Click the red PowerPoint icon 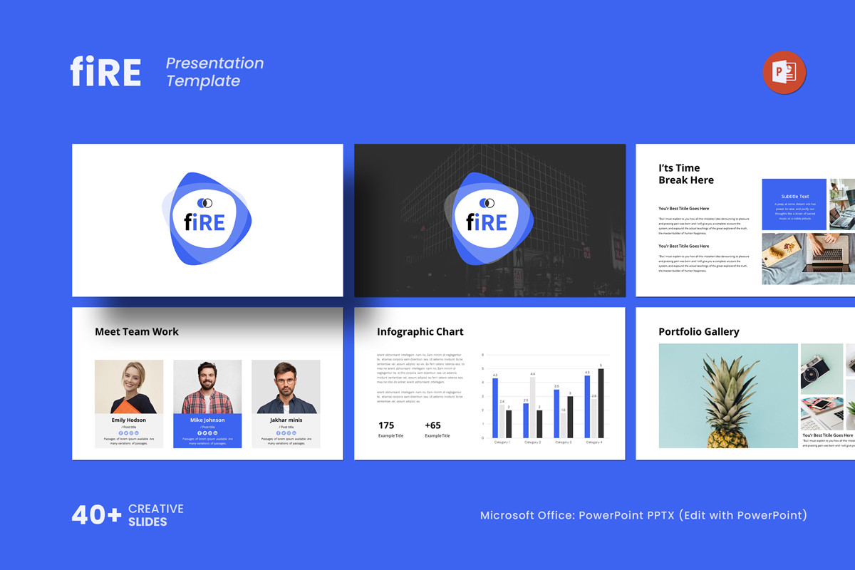[x=784, y=72]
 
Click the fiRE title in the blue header [x=105, y=72]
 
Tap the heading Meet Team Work [x=137, y=332]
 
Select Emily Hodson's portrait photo [x=129, y=386]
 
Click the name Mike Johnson [x=207, y=420]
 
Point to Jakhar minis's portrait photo [x=286, y=386]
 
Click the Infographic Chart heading [x=420, y=332]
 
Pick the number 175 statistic [x=386, y=425]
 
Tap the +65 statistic [x=432, y=425]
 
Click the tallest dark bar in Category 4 [x=601, y=403]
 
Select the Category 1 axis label [x=502, y=442]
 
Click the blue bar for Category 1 [x=495, y=408]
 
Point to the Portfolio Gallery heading [x=699, y=332]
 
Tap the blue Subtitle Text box [x=794, y=204]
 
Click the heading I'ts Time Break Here [x=686, y=175]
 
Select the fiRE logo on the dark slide [x=489, y=219]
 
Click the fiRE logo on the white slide [x=206, y=219]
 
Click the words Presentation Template [x=214, y=72]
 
